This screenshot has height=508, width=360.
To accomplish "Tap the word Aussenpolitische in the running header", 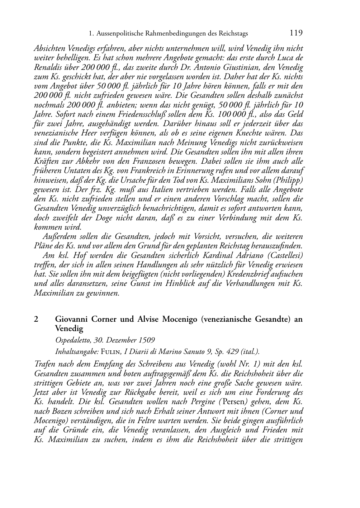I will pyautogui.click(x=117, y=34).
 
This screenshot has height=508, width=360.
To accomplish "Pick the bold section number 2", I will pyautogui.click(x=36, y=319).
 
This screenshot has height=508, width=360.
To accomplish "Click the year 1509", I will pyautogui.click(x=147, y=340).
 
